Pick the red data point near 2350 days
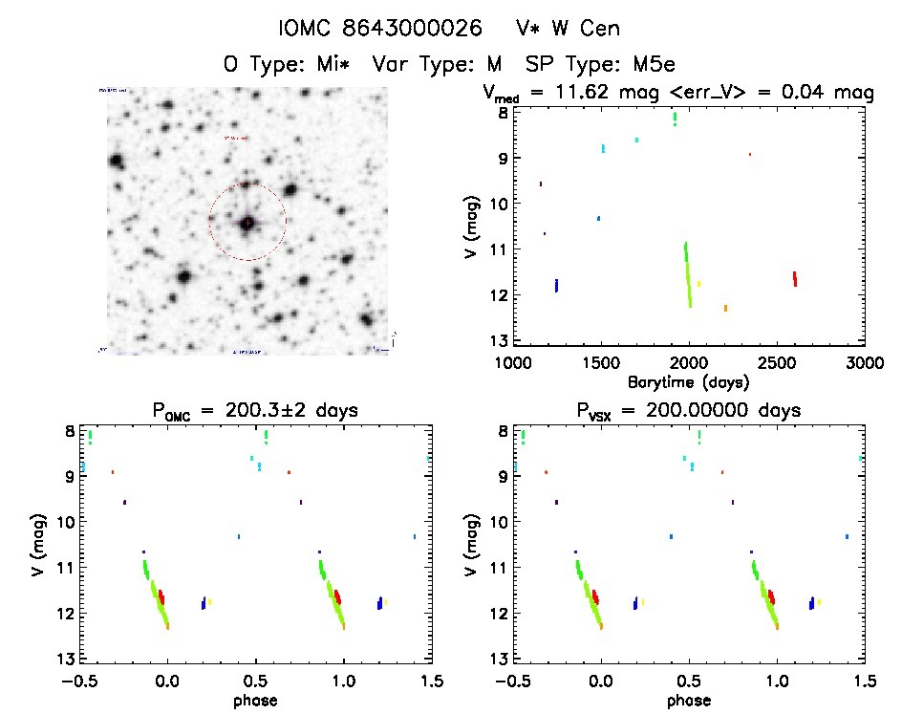749,154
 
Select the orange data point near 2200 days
725,308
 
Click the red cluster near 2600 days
794,278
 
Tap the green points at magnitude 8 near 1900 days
675,119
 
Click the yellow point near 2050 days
698,283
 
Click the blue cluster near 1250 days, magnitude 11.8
556,285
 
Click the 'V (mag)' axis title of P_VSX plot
472,544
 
